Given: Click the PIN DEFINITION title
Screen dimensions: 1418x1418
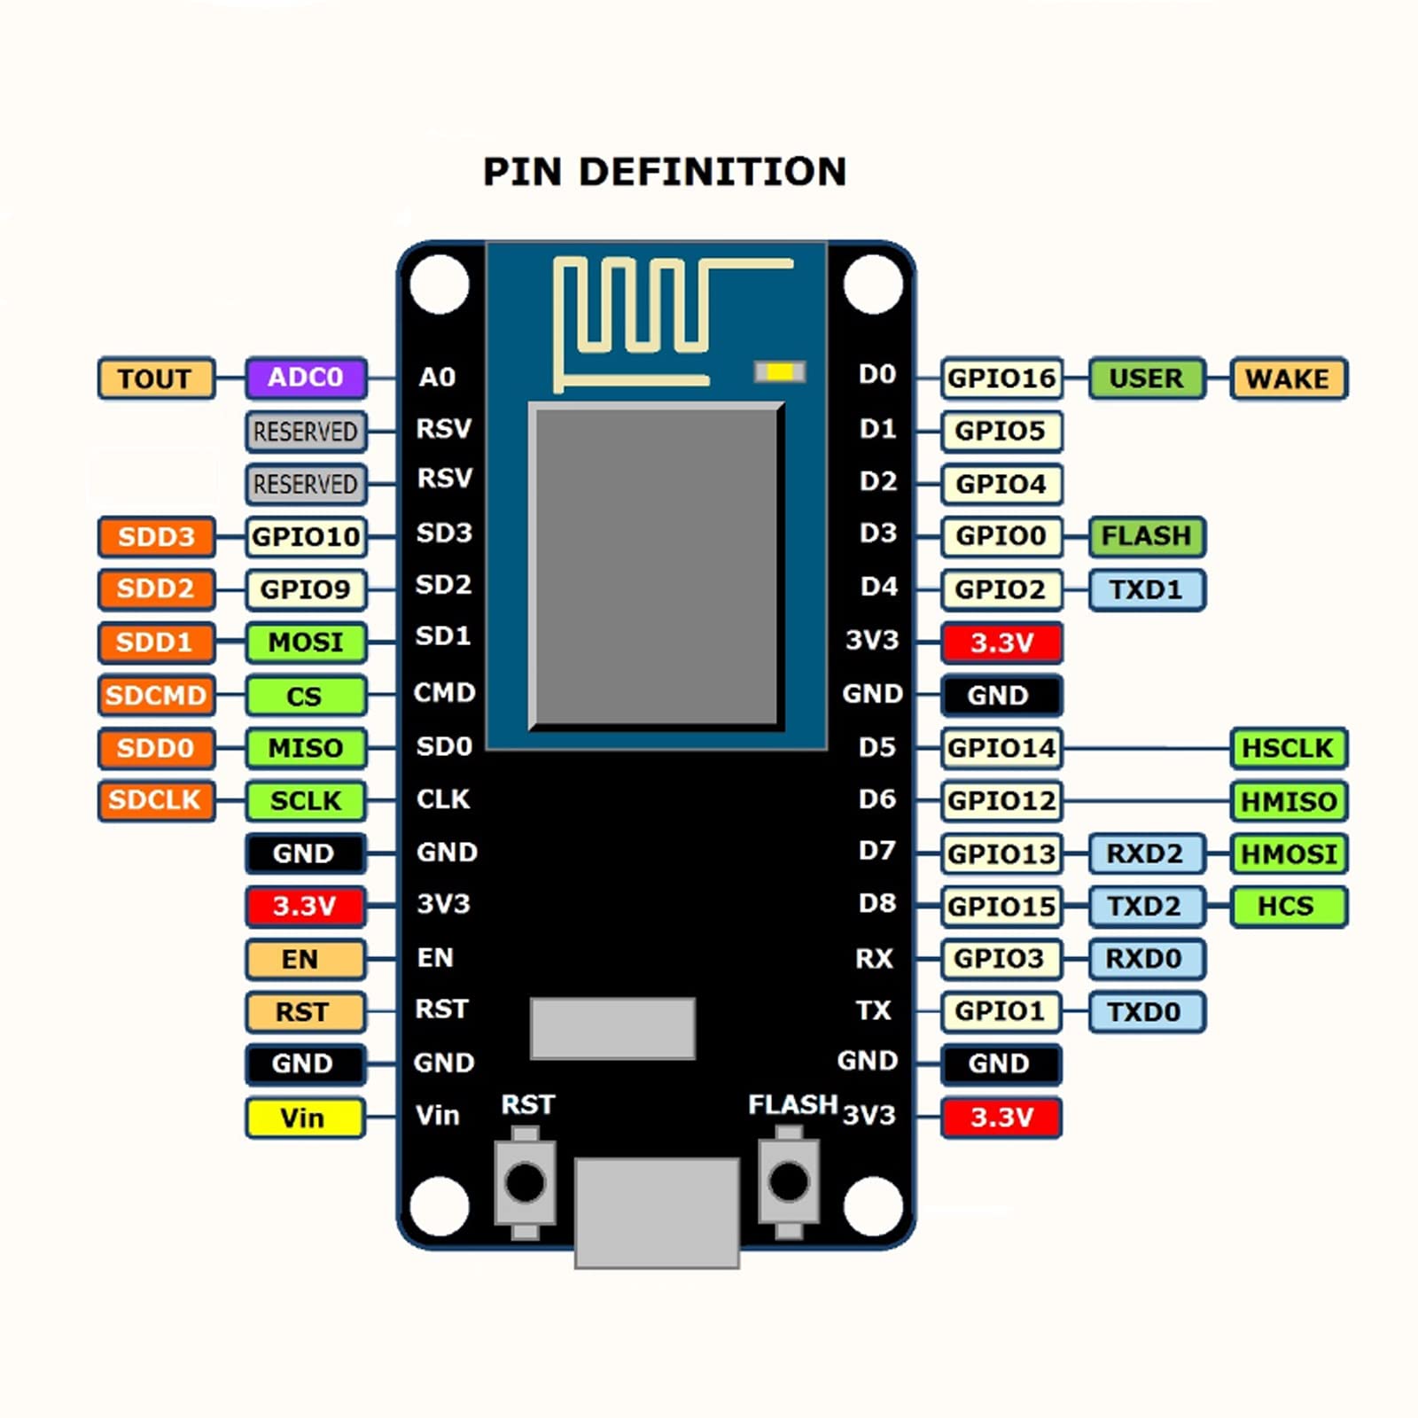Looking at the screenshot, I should [x=665, y=172].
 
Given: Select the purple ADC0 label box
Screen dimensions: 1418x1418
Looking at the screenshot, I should [x=306, y=378].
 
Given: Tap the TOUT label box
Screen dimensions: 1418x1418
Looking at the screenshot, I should [x=156, y=378].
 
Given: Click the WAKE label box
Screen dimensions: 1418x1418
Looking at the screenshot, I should [x=1288, y=378].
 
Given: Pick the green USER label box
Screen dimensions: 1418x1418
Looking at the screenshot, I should [x=1146, y=378].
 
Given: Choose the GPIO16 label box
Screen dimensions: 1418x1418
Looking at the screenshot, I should [x=1001, y=378].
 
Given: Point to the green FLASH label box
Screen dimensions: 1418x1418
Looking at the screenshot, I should [x=1146, y=536].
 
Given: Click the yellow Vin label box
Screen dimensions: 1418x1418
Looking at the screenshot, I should [x=304, y=1118].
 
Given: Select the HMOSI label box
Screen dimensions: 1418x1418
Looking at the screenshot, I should [x=1288, y=853].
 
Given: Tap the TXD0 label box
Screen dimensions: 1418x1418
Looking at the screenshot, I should [x=1146, y=1011].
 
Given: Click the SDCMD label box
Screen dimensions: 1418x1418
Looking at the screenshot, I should [x=156, y=695].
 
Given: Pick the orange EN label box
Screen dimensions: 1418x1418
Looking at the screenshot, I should [x=304, y=959].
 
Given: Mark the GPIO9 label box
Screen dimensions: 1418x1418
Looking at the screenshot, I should [x=306, y=589].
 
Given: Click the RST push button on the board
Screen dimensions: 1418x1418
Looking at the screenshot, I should [x=525, y=1182].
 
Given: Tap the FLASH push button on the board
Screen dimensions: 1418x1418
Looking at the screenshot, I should [x=789, y=1182].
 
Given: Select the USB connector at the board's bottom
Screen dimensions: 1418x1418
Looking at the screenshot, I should [x=657, y=1212].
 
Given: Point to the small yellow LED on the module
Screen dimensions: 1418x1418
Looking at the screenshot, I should [x=780, y=372].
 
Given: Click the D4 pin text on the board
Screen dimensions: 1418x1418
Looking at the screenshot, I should [x=878, y=587].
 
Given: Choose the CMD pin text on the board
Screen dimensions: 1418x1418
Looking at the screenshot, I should [x=444, y=692].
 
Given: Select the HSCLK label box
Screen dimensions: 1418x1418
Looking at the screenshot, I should [x=1288, y=748].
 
